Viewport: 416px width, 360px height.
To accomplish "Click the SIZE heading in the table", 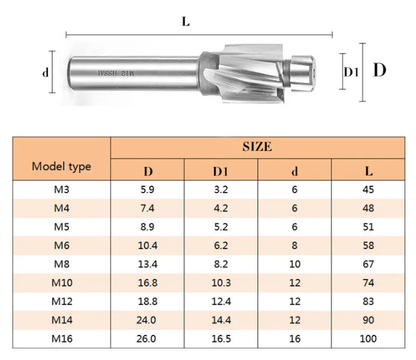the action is pos(257,146).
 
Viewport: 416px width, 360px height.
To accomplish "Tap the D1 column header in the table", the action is pos(221,171).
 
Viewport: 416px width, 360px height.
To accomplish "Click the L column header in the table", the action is pos(369,171).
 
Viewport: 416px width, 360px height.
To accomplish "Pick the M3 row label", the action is pos(62,190).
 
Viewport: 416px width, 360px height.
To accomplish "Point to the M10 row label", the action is pos(62,283).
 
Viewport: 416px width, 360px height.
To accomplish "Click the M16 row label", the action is pos(62,338).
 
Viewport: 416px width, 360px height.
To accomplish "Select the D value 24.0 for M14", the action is pos(146,320).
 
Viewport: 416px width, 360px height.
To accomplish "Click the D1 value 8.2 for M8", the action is pos(221,264).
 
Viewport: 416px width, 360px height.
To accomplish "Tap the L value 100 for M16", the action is pos(368,338).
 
